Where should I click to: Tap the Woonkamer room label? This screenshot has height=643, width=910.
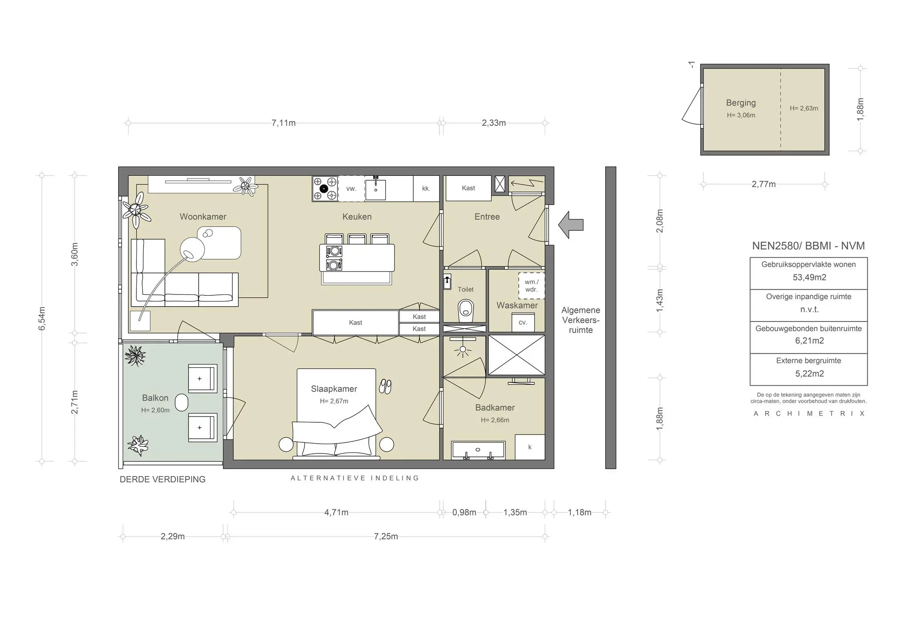pos(203,217)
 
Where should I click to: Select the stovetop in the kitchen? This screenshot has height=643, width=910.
pos(325,189)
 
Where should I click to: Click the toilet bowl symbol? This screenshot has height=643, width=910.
pos(466,310)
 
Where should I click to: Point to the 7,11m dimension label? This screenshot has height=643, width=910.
pos(283,123)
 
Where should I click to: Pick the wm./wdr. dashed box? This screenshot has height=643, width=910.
pos(531,286)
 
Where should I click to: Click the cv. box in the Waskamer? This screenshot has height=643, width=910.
pos(523,322)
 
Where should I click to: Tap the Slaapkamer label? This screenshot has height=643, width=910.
pos(334,389)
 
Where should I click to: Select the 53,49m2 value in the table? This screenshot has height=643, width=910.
pos(810,278)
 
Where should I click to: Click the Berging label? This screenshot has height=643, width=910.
pos(741,103)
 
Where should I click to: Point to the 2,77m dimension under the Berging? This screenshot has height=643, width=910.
pos(763,184)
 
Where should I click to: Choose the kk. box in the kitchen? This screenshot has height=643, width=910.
pos(426,189)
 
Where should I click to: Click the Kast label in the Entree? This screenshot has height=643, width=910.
pos(468,188)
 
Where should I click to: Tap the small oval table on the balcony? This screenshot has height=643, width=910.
pos(182,403)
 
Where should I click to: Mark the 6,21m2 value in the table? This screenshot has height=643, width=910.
pos(810,341)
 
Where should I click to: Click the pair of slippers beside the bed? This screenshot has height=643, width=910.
pos(385,387)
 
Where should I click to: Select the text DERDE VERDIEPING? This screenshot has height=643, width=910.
pos(163,480)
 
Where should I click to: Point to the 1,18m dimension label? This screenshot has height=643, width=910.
pos(579,512)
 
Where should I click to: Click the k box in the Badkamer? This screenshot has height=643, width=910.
pos(530,447)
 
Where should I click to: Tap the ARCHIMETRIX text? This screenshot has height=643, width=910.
pos(809,413)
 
